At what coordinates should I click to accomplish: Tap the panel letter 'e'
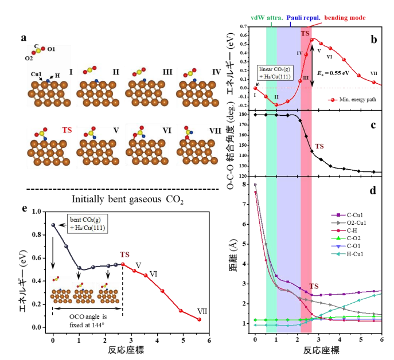tap(24, 208)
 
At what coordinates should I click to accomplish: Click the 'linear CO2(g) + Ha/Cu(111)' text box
tap(277, 72)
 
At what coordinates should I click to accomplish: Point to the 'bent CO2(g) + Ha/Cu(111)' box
tap(80, 223)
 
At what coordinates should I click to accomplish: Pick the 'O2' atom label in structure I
tap(29, 58)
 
